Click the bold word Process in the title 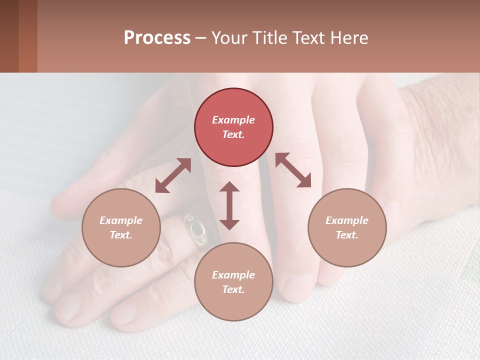[157, 38]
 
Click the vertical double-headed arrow [229, 205]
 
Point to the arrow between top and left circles [173, 175]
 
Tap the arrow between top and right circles [293, 170]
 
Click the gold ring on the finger [195, 229]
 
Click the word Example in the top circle [233, 120]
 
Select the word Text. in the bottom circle [233, 289]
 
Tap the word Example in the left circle [121, 220]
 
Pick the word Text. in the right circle [347, 235]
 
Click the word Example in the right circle [347, 220]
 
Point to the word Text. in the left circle [121, 235]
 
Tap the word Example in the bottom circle [233, 275]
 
